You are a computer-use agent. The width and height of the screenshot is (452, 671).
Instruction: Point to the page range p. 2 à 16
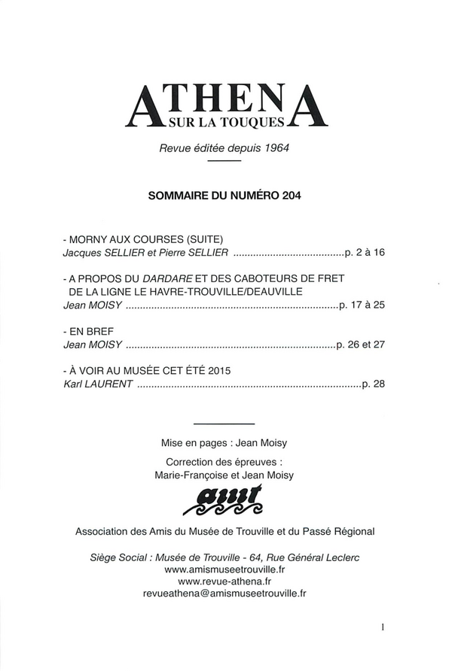pyautogui.click(x=364, y=252)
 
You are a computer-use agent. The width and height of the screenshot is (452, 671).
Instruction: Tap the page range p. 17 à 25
pyautogui.click(x=362, y=305)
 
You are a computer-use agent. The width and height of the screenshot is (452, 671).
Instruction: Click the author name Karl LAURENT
pyautogui.click(x=98, y=384)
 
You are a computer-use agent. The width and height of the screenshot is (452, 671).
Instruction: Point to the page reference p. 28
pyautogui.click(x=373, y=384)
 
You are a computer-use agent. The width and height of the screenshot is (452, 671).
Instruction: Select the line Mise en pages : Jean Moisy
pyautogui.click(x=225, y=443)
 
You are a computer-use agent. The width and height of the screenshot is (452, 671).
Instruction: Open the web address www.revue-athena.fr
pyautogui.click(x=225, y=581)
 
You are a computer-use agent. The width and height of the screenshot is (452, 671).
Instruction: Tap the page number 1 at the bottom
pyautogui.click(x=383, y=625)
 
